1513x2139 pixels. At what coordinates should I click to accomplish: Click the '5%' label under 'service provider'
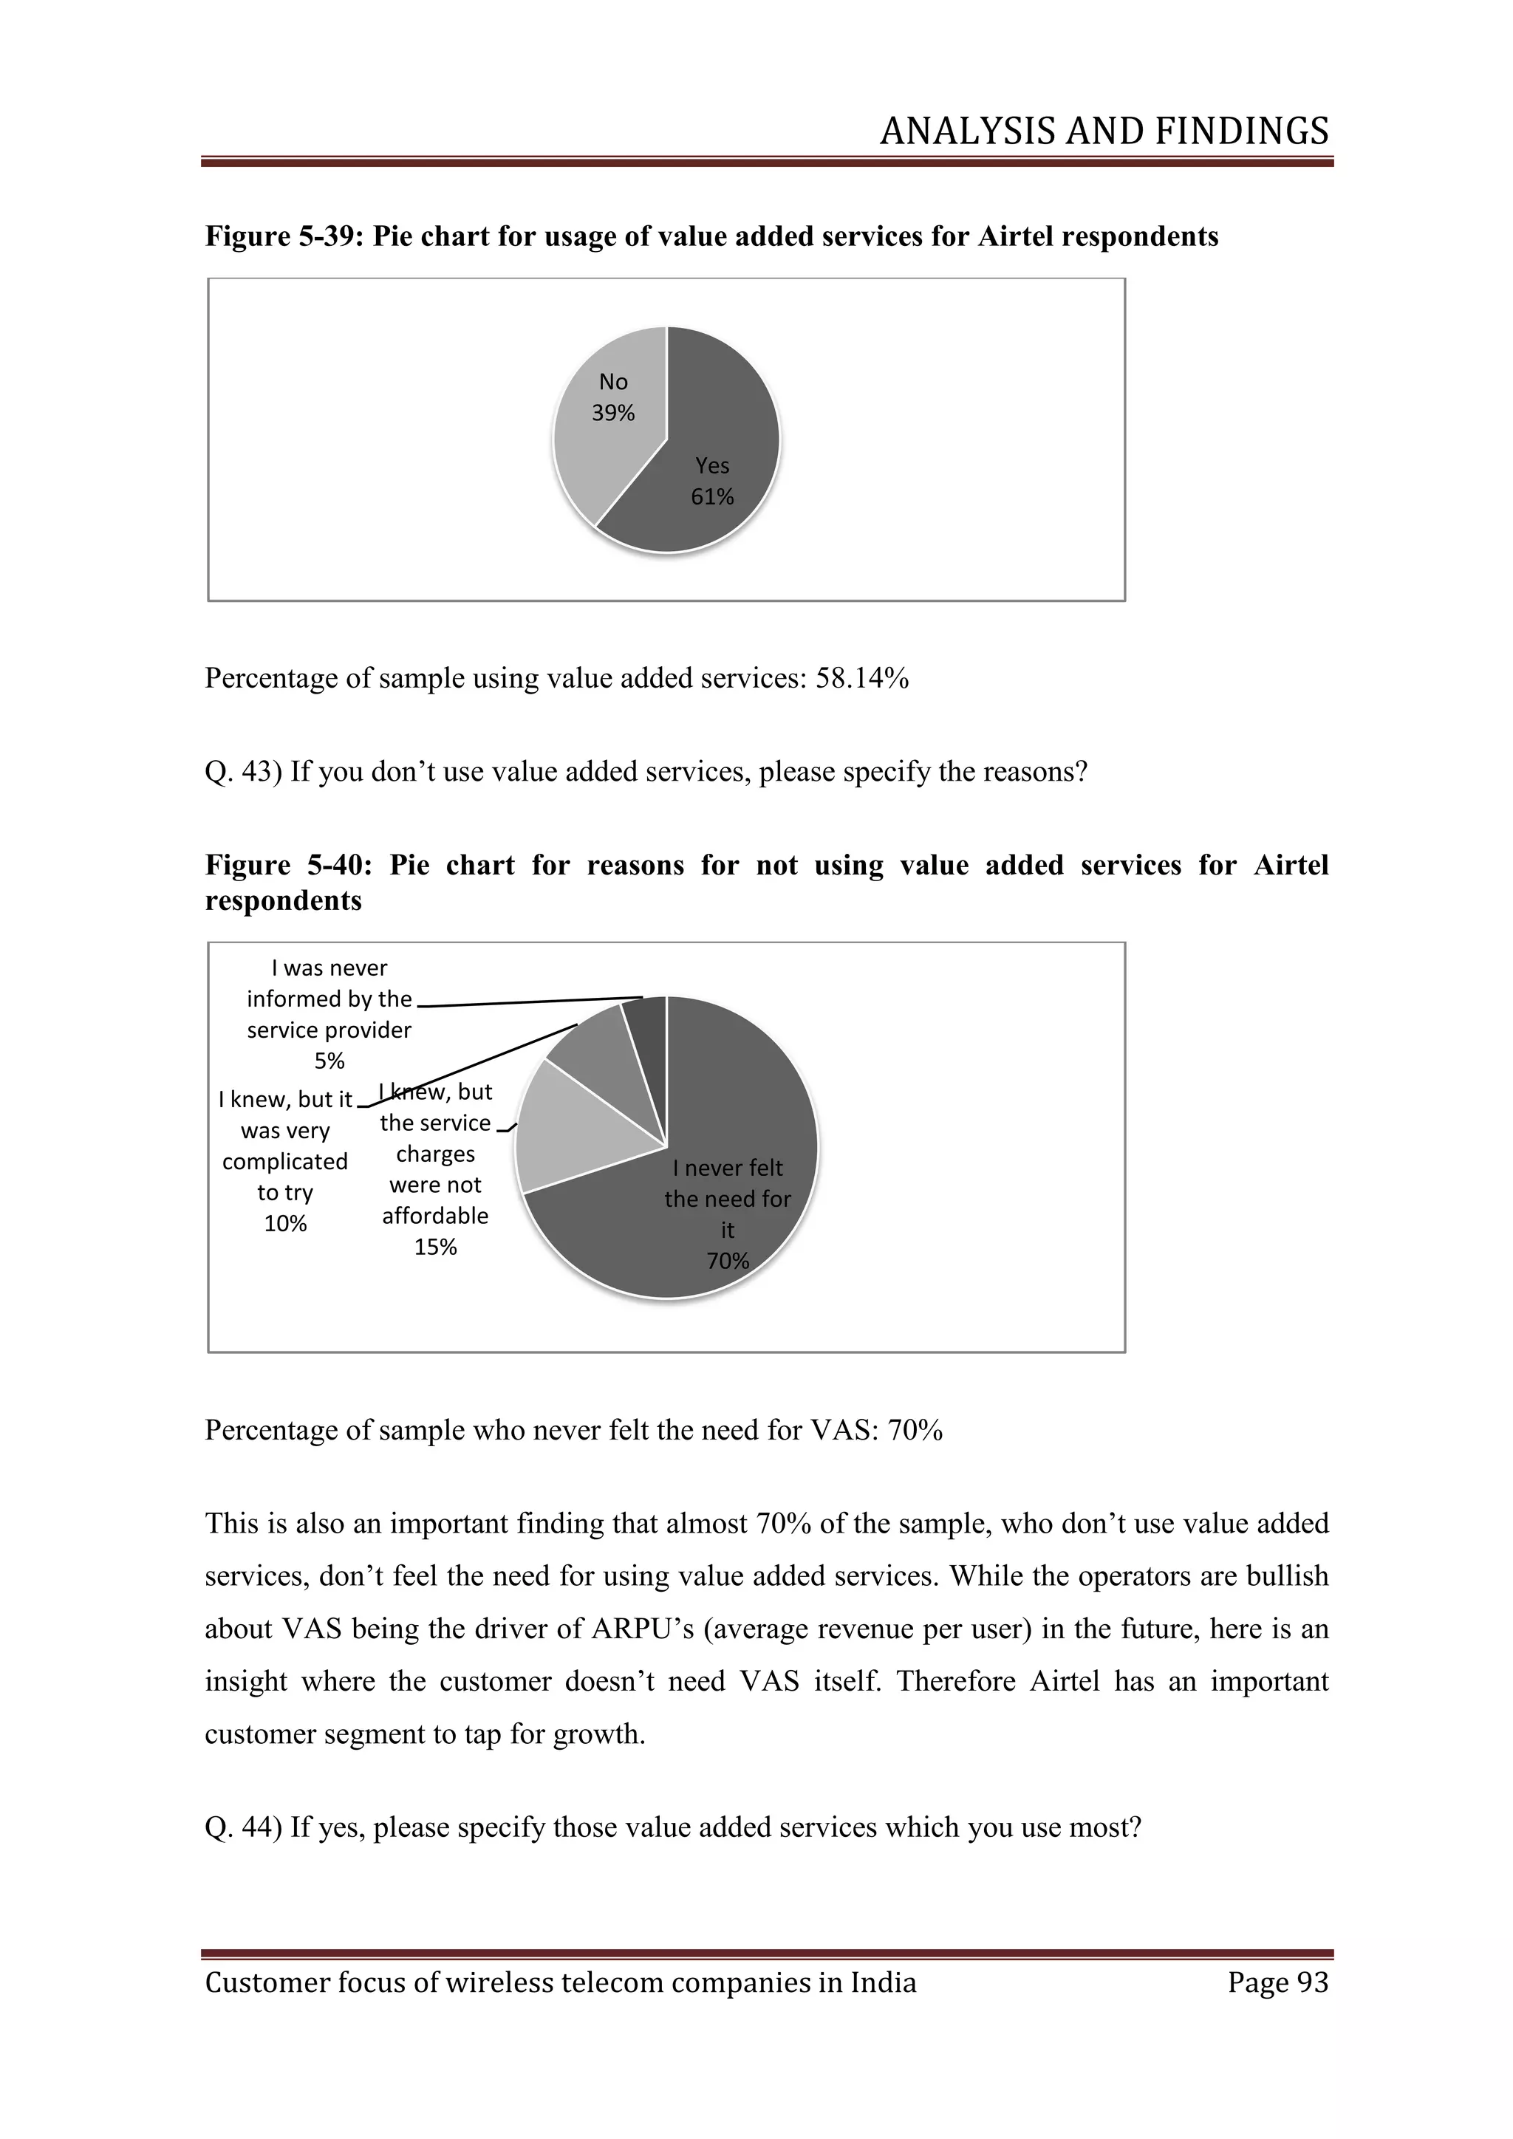(329, 1061)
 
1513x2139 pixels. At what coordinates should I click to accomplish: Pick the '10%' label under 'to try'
(285, 1224)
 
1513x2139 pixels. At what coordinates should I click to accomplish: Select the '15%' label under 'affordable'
(435, 1248)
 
